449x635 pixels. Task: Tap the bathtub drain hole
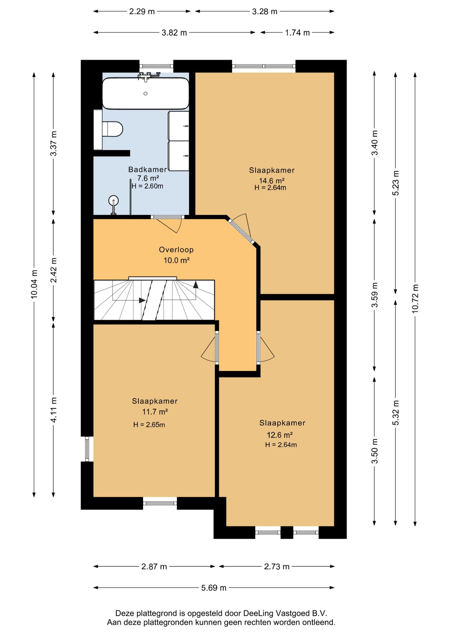pyautogui.click(x=145, y=94)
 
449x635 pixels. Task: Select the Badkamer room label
pyautogui.click(x=147, y=169)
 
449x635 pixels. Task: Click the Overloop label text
pyautogui.click(x=176, y=250)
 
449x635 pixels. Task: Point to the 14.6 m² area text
pyautogui.click(x=272, y=181)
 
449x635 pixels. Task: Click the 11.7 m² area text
pyautogui.click(x=155, y=412)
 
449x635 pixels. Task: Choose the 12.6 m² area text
pyautogui.click(x=280, y=435)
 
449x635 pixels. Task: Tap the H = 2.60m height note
pyautogui.click(x=147, y=186)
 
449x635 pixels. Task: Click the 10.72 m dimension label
pyautogui.click(x=415, y=298)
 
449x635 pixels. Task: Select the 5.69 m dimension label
pyautogui.click(x=214, y=588)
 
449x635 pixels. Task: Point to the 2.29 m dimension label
pyautogui.click(x=142, y=12)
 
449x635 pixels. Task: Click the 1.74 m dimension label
pyautogui.click(x=298, y=33)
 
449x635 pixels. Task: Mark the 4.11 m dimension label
pyautogui.click(x=54, y=409)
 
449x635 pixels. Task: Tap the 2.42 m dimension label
pyautogui.click(x=54, y=270)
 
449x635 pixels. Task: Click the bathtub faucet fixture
pyautogui.click(x=147, y=76)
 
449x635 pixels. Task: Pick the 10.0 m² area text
pyautogui.click(x=177, y=260)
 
